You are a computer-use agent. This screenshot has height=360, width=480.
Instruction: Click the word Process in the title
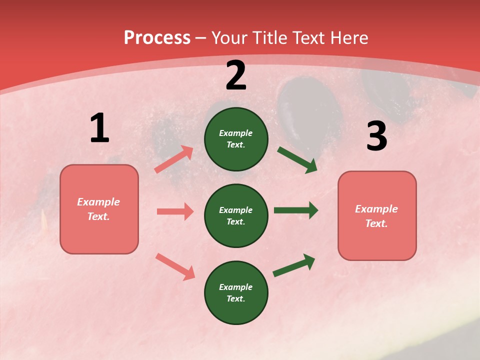click(157, 38)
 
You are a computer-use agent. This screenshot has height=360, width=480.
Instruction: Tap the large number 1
click(99, 128)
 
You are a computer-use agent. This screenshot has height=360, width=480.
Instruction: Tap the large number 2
click(236, 76)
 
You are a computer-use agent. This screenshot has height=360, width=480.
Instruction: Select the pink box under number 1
click(99, 209)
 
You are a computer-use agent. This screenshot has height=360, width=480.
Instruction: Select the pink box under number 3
click(377, 216)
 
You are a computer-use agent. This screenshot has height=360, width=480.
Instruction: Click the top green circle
click(236, 139)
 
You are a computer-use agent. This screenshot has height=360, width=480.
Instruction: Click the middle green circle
click(236, 215)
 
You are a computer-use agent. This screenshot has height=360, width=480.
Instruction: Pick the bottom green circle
click(236, 292)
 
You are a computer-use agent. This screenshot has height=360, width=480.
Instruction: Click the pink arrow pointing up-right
click(174, 159)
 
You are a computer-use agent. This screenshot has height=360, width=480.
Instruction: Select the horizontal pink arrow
click(175, 211)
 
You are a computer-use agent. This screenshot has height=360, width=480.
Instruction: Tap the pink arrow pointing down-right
click(175, 266)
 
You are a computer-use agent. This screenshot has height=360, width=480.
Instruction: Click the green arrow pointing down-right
click(297, 160)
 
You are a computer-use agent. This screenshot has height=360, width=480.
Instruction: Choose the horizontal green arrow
click(296, 210)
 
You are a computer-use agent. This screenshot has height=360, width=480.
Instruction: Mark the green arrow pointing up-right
click(294, 265)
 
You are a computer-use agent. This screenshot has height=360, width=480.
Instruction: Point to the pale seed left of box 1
click(44, 220)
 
